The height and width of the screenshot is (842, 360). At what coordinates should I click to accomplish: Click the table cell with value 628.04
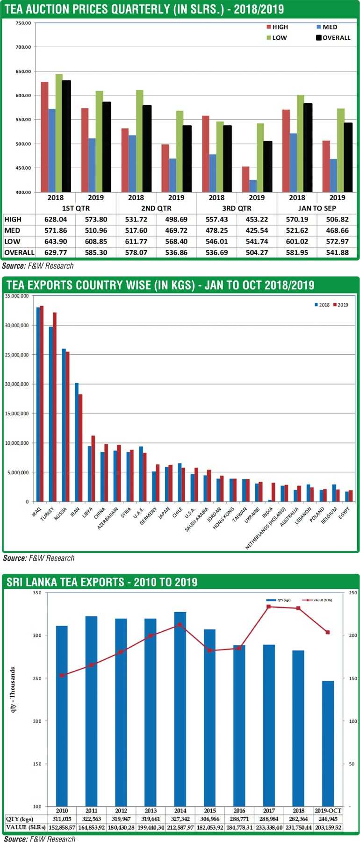click(56, 219)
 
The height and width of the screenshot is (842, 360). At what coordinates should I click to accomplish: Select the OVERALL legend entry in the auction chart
click(333, 38)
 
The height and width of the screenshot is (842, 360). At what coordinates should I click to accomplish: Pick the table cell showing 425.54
click(257, 230)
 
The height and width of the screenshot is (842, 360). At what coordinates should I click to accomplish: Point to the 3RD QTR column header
click(237, 208)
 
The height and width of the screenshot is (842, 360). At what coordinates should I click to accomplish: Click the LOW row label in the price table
click(12, 242)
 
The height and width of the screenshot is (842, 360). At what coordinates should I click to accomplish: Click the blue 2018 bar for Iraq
click(38, 404)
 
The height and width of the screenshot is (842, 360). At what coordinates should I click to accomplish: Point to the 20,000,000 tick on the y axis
click(17, 384)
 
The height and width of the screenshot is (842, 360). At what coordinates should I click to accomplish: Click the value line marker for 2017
click(269, 607)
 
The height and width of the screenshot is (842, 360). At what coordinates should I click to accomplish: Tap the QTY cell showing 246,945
click(328, 819)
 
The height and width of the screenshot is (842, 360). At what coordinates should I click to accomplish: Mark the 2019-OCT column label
click(328, 811)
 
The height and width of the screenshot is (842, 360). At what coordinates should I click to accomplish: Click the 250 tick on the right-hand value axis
click(353, 593)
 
